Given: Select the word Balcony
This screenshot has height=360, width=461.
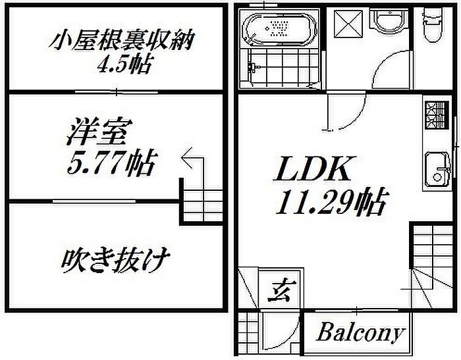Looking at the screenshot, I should tap(360, 332).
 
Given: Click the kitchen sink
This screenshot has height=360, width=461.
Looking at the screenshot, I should tap(437, 167).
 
